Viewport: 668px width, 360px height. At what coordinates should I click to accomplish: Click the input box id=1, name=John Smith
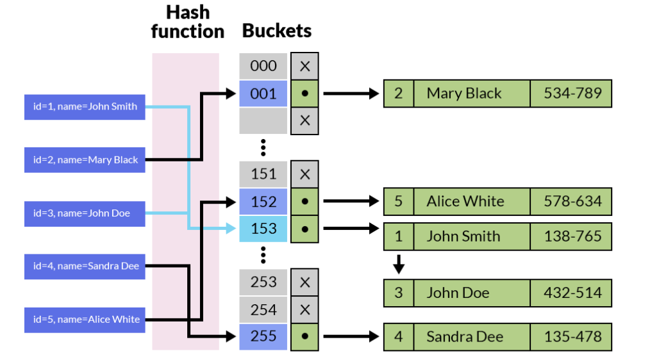[85, 106]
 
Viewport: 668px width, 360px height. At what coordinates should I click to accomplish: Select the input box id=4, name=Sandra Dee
[85, 266]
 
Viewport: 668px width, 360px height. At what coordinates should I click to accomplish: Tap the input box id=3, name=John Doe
[85, 213]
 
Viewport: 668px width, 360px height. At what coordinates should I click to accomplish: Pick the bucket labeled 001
[263, 94]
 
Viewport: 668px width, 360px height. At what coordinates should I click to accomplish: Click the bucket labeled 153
[263, 229]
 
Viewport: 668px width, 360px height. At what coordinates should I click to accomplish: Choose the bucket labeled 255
[263, 336]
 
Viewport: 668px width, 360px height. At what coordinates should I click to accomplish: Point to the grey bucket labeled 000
[263, 66]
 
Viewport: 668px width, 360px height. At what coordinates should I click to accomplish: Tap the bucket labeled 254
[263, 309]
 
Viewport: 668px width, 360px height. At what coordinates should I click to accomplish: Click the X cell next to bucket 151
[305, 174]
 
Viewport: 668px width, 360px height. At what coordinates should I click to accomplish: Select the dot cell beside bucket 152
[305, 201]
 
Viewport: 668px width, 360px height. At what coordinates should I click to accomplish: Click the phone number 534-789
[572, 94]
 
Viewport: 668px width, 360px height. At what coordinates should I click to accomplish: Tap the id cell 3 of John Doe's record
[399, 293]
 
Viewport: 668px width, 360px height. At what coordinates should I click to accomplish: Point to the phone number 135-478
[572, 337]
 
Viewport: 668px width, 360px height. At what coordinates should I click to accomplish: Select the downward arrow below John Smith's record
[399, 263]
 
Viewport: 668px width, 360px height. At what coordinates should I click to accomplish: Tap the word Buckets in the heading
[277, 30]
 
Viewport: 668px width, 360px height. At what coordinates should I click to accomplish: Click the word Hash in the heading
[187, 12]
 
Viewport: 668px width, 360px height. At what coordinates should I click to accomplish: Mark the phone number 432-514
[572, 293]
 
